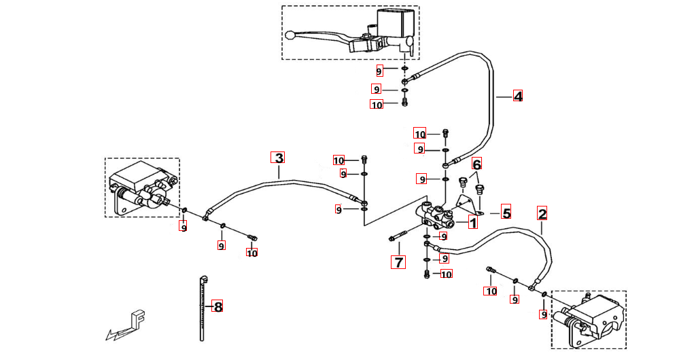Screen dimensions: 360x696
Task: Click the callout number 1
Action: coord(473,221)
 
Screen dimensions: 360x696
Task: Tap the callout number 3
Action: coord(278,158)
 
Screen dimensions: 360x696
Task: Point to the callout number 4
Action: coord(518,96)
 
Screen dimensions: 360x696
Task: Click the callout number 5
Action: coord(506,213)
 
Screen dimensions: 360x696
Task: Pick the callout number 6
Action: coord(476,164)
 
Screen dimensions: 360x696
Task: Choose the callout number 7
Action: coord(398,262)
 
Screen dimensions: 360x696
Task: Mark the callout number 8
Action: coord(217,306)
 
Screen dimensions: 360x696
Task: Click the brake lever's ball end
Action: coord(290,35)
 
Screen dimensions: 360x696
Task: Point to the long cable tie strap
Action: coord(203,309)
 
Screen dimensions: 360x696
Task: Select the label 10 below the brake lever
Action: coord(377,105)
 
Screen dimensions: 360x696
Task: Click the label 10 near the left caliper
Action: coord(252,253)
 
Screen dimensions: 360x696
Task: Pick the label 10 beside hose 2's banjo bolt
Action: coord(490,291)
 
